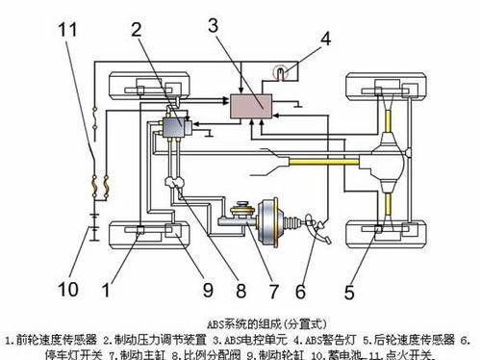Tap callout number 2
coord(139,29)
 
